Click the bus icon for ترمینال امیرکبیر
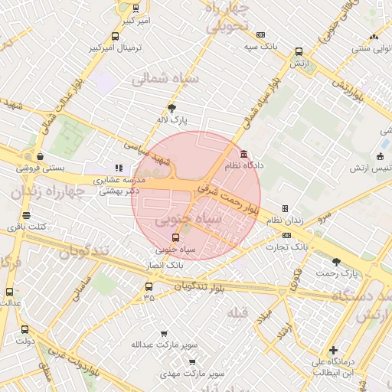tap(115, 36)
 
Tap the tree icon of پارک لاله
tap(171, 108)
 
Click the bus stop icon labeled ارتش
tap(299, 52)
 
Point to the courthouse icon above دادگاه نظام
tap(243, 153)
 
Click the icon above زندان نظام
tap(285, 208)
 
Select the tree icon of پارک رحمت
tap(336, 262)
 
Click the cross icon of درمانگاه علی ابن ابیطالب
tap(333, 350)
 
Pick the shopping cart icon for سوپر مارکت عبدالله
tap(163, 334)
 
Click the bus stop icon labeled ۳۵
tap(149, 287)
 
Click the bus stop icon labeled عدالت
tap(9, 292)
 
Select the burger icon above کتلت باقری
tap(27, 215)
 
